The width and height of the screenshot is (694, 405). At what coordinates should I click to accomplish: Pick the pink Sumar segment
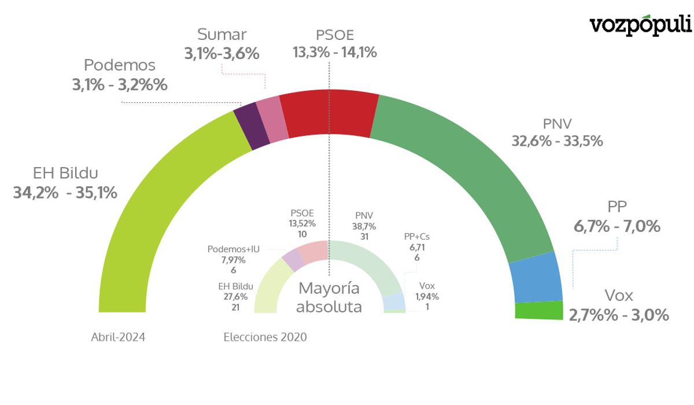(272, 119)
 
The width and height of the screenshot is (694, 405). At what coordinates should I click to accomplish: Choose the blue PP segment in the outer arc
(537, 278)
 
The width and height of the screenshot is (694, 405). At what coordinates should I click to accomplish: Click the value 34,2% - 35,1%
(65, 193)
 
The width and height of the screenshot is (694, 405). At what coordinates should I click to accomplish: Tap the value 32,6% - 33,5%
(557, 141)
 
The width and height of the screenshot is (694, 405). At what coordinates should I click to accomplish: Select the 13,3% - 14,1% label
(335, 53)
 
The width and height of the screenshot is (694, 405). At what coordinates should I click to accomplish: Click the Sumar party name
(222, 35)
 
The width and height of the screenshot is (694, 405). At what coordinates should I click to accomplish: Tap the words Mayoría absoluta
(328, 297)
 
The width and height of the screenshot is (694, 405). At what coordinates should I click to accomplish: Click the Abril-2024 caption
(118, 337)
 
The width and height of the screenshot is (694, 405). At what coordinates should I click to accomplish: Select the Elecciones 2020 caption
(265, 337)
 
